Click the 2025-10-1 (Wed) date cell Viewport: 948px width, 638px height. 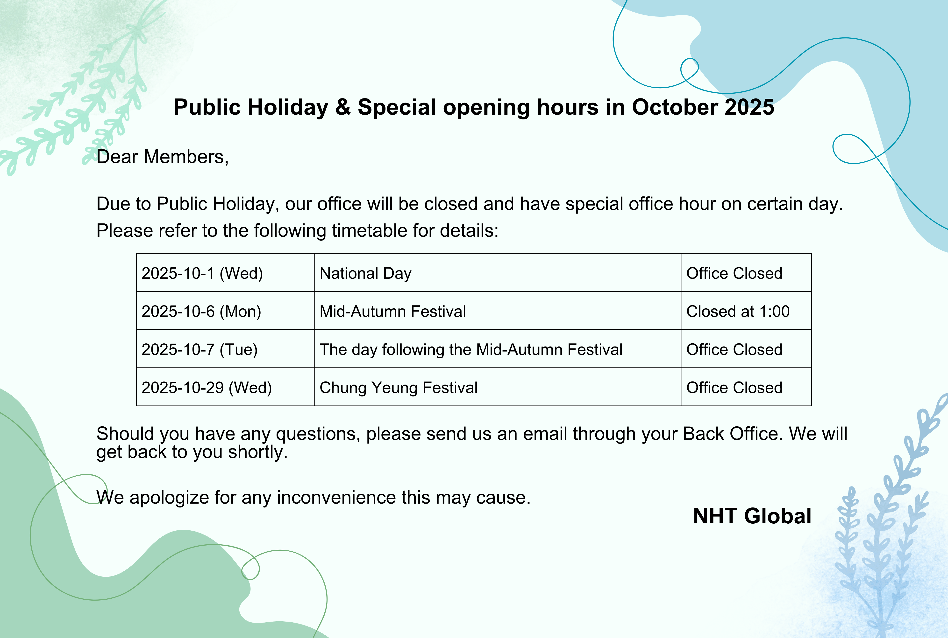point(225,273)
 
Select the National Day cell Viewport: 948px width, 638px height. point(497,273)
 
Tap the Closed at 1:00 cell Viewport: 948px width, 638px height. point(746,311)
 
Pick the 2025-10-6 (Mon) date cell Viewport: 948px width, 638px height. point(225,311)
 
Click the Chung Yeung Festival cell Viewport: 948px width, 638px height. point(497,387)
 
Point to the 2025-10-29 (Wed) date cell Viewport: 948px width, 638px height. point(225,387)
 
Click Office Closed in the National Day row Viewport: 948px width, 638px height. point(746,273)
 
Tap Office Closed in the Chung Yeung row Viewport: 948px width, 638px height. point(746,387)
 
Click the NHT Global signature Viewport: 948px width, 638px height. point(752,516)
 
